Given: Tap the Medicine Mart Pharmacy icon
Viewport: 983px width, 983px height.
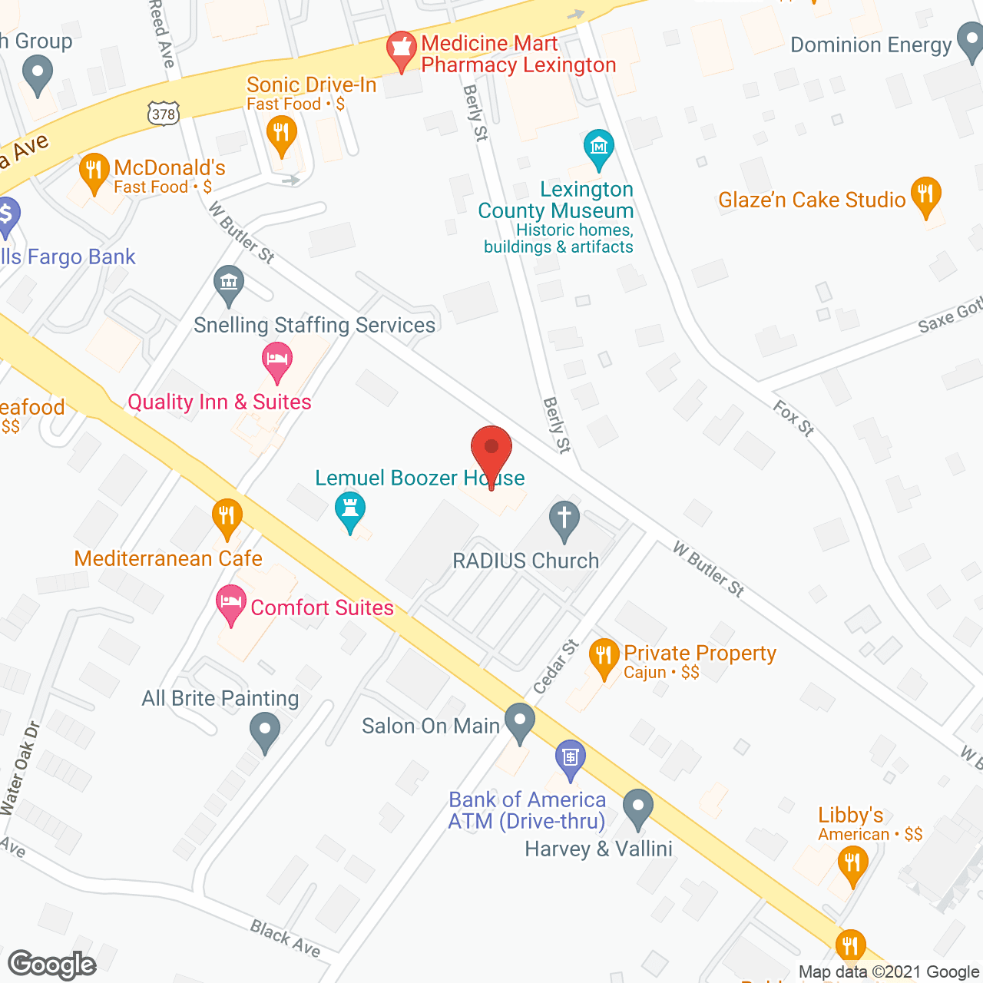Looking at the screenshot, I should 400,50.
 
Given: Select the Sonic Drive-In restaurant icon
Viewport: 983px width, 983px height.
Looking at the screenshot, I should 281,134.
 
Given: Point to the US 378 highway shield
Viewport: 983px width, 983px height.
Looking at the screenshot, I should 164,114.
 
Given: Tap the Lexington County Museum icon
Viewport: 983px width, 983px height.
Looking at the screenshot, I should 598,147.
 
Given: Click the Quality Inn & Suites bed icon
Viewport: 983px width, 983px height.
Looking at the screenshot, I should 276,360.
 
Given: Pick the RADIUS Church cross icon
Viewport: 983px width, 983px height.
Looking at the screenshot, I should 564,518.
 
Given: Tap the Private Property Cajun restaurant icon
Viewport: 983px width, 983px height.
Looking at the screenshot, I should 604,656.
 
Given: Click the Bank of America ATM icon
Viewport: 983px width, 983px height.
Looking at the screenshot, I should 570,758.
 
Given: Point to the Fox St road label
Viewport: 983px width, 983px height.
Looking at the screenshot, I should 793,419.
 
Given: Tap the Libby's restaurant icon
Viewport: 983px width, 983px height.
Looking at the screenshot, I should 852,863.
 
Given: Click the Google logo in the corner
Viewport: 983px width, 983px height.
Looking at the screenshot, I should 52,965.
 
